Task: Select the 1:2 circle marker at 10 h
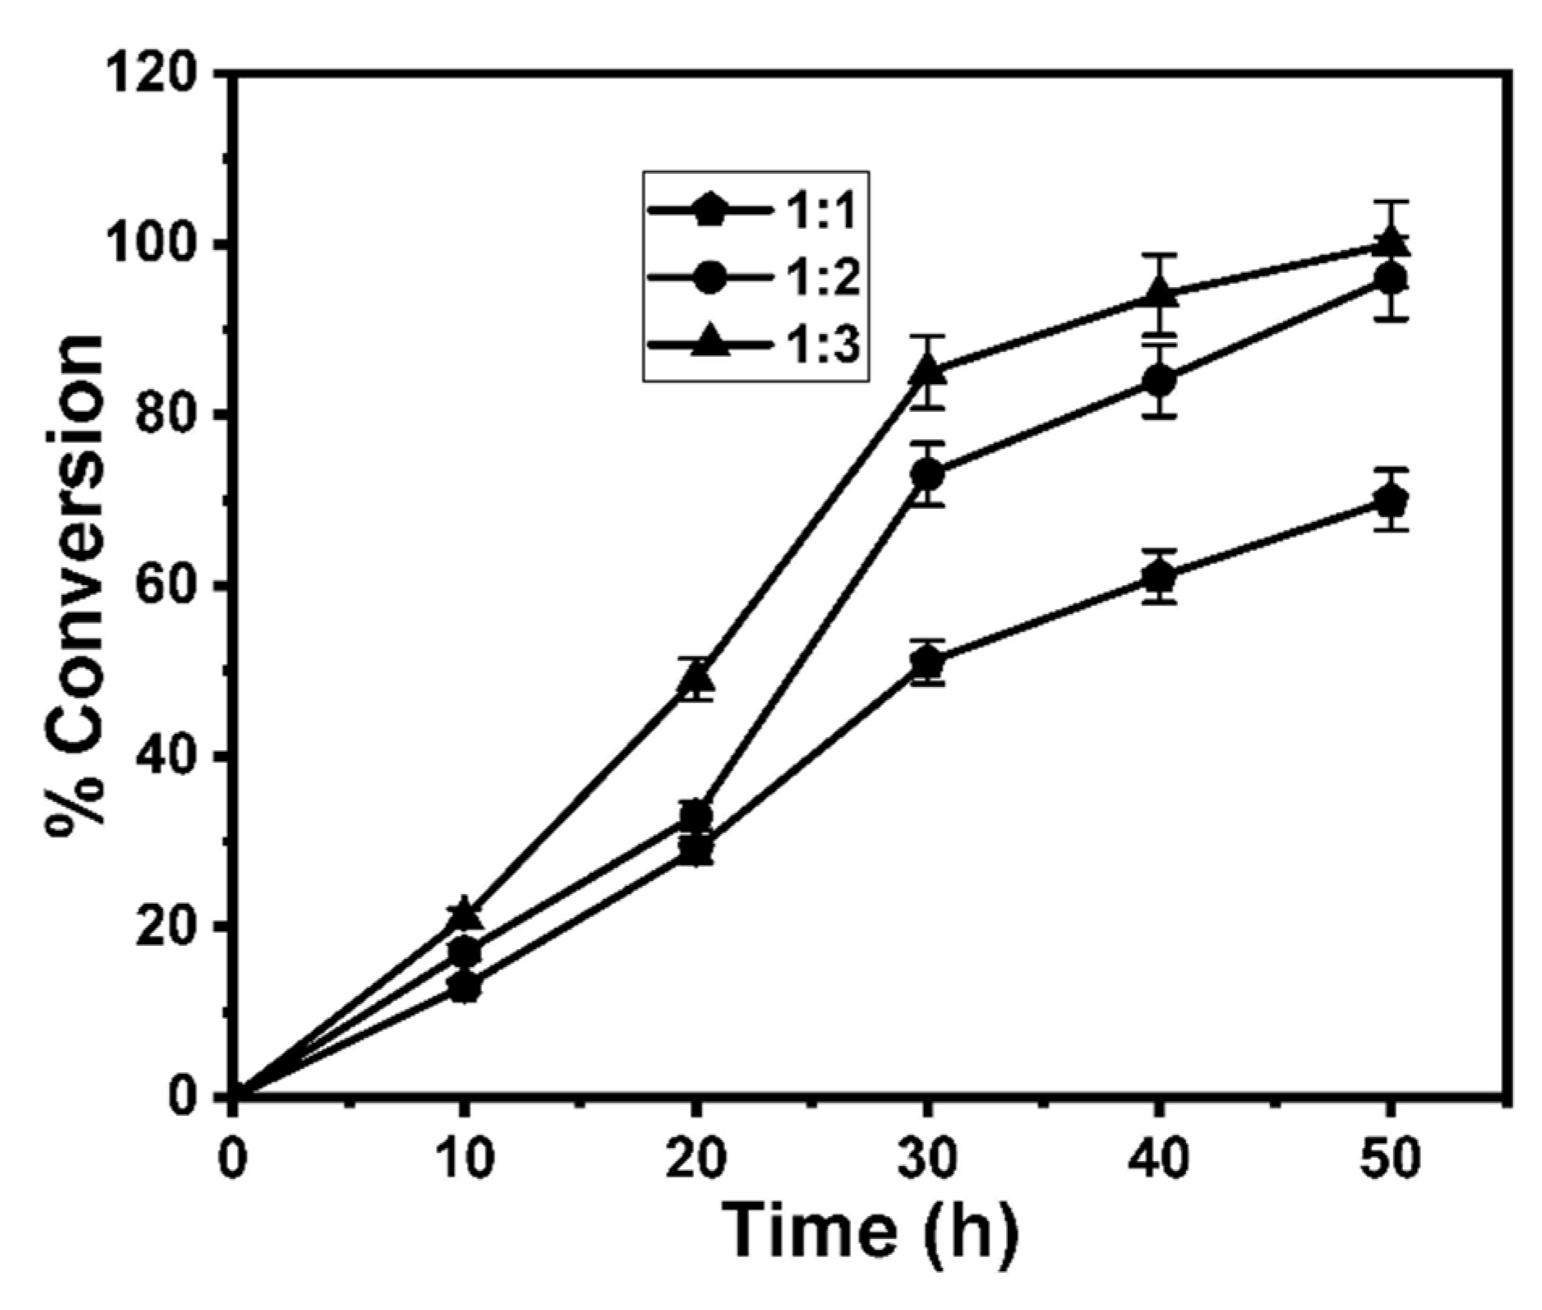[x=464, y=952]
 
